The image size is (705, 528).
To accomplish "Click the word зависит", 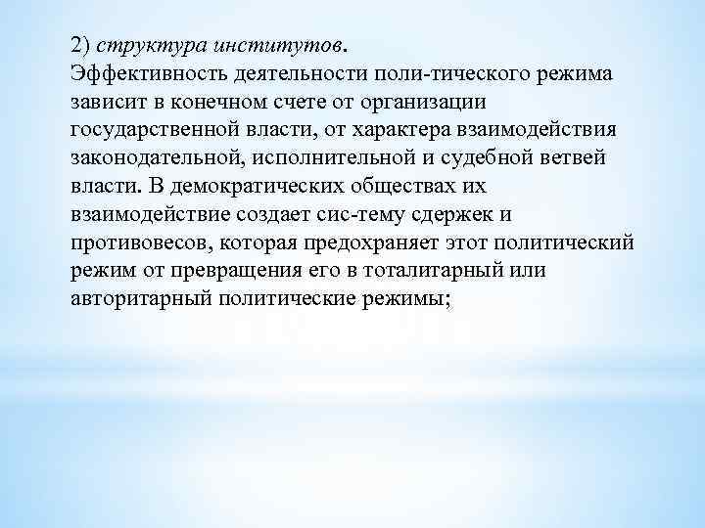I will pyautogui.click(x=107, y=102).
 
